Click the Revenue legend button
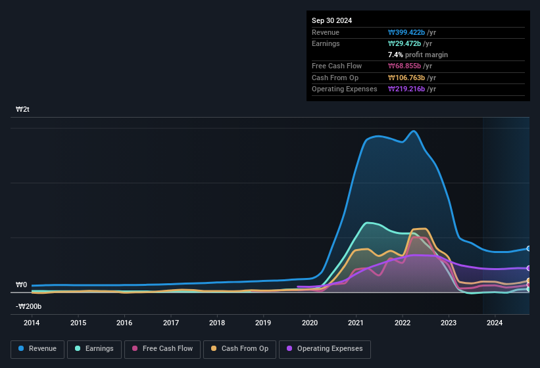click(x=37, y=349)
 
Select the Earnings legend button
click(x=94, y=349)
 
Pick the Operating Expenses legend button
click(x=325, y=349)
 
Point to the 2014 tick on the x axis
click(x=32, y=323)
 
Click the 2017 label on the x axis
click(x=171, y=323)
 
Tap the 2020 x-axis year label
click(x=310, y=323)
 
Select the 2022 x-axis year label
click(x=403, y=323)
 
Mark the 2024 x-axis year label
click(x=495, y=323)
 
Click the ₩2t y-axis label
click(x=22, y=109)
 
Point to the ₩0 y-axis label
click(x=22, y=285)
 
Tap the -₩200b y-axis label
click(x=29, y=306)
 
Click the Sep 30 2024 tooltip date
click(x=331, y=20)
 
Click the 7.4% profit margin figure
click(x=395, y=55)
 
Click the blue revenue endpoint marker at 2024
click(x=528, y=248)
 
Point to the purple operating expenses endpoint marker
click(x=528, y=268)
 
